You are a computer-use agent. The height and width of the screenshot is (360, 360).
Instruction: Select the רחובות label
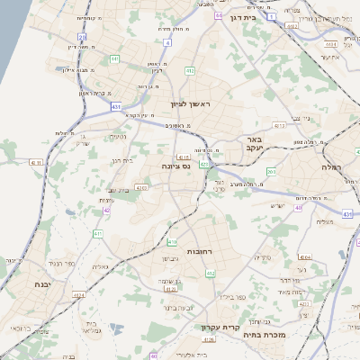coord(198,250)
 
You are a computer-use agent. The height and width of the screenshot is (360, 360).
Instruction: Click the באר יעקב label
coord(256,145)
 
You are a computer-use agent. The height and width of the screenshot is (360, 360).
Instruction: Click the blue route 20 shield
coord(82,37)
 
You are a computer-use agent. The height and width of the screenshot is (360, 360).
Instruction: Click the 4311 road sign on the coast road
coord(36,162)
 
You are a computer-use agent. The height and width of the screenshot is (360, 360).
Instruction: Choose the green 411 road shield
coord(97,235)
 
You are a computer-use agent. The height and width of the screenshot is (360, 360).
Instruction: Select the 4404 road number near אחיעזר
coord(330,42)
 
